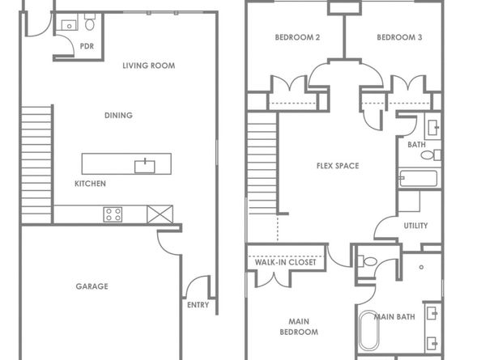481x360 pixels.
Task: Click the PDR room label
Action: [87, 46]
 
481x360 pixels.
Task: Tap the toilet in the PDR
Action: [90, 23]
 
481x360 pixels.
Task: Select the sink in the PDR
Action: [70, 25]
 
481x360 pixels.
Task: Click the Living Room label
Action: [149, 66]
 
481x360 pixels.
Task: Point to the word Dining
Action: [119, 116]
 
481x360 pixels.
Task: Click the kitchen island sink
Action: [145, 167]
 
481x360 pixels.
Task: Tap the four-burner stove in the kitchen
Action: [113, 214]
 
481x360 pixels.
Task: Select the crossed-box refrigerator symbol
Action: [160, 214]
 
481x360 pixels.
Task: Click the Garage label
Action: [92, 286]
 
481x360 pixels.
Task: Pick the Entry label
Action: [198, 305]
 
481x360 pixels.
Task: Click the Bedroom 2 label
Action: [297, 37]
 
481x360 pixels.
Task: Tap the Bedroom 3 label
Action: [399, 37]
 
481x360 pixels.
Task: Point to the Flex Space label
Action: [338, 166]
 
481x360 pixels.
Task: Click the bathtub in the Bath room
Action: [418, 178]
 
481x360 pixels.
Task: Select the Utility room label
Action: [415, 226]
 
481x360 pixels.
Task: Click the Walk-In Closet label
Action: [285, 263]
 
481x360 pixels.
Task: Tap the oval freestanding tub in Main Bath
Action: [369, 331]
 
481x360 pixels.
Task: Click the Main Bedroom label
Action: [299, 327]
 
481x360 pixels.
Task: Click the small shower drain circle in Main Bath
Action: [422, 267]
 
